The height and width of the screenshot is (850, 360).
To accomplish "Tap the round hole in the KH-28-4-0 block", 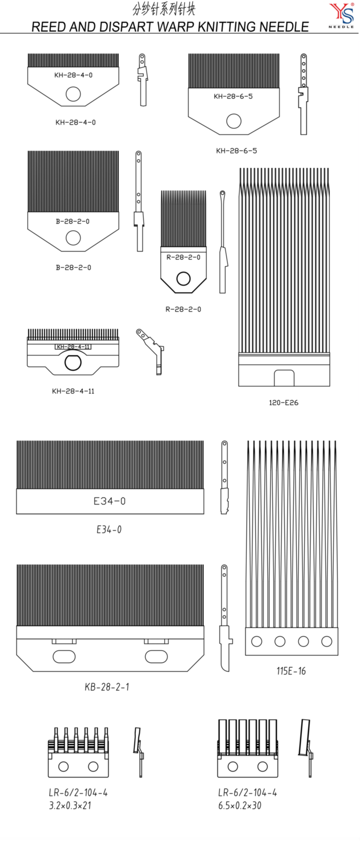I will pyautogui.click(x=73, y=94).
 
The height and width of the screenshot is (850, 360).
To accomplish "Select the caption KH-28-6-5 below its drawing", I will pyautogui.click(x=236, y=151).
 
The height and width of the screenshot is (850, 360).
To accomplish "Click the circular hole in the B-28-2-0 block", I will pyautogui.click(x=73, y=238).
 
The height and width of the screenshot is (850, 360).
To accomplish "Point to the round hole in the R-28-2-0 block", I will pyautogui.click(x=183, y=279).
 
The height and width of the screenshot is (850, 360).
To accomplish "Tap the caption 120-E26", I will pyautogui.click(x=283, y=402).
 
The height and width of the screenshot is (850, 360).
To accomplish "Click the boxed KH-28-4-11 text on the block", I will pyautogui.click(x=73, y=347).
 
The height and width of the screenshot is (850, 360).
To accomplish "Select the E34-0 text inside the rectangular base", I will pyautogui.click(x=109, y=501).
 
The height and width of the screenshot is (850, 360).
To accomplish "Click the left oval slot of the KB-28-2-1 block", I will pyautogui.click(x=64, y=656).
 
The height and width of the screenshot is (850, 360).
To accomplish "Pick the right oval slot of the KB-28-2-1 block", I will pyautogui.click(x=156, y=656).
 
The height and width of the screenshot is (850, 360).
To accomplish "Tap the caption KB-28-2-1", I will pyautogui.click(x=107, y=687).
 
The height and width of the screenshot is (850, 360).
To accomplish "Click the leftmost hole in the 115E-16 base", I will pyautogui.click(x=257, y=641).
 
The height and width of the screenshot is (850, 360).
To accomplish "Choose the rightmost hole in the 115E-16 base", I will pyautogui.click(x=327, y=641).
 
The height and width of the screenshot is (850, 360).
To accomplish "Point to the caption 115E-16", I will pyautogui.click(x=291, y=671).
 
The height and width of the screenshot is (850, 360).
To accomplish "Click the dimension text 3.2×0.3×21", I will pyautogui.click(x=70, y=806).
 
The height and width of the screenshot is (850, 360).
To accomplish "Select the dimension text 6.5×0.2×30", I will pyautogui.click(x=240, y=806).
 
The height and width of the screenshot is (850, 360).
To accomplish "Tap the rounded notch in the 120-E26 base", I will pyautogui.click(x=284, y=378).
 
